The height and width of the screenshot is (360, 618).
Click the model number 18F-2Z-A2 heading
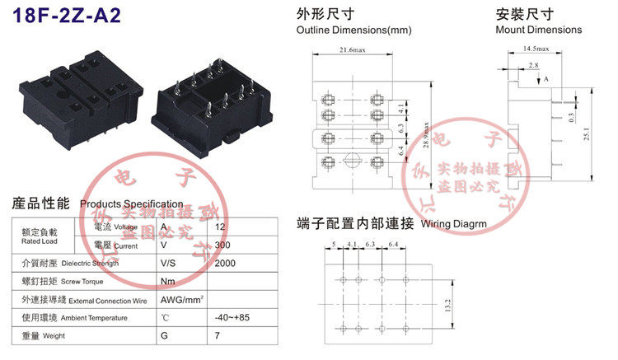coord(62,16)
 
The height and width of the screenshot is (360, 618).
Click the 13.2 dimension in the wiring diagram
coord(447,306)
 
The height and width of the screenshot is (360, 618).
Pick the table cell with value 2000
coord(225,263)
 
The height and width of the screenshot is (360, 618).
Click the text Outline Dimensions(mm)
coord(353,30)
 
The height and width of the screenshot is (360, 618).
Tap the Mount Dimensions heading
coord(538,30)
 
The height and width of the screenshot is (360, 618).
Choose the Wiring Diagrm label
coord(453,223)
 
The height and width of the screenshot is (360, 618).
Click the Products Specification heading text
coord(132,203)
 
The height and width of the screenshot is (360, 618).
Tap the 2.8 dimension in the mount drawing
coord(534,64)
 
